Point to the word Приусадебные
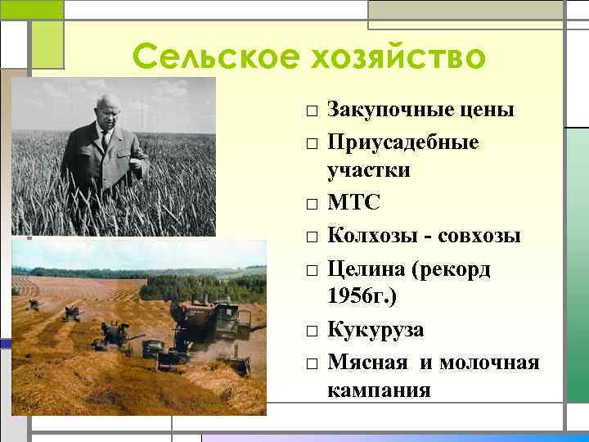pos(403,142)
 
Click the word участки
pos(369,170)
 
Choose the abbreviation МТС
pos(353,202)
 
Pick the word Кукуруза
pos(375,330)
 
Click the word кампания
pos(379,390)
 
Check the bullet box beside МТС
pos(312,204)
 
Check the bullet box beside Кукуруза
pos(312,331)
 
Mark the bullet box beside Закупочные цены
pos(312,111)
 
